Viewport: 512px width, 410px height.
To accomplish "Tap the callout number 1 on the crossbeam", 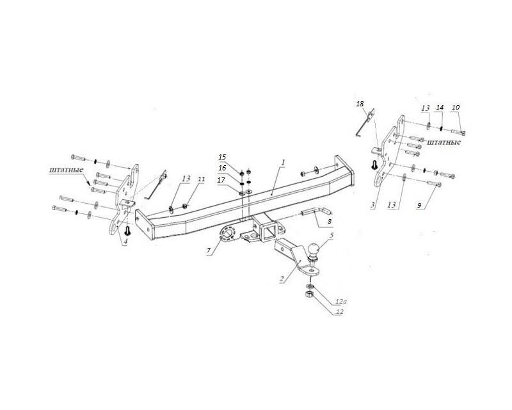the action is (x=284, y=162).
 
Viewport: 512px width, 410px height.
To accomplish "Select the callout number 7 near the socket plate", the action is (x=209, y=250).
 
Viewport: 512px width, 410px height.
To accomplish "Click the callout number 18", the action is (x=360, y=104).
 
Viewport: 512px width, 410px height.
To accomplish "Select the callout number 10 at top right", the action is (x=456, y=107).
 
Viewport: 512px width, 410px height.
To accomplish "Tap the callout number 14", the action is (x=440, y=108).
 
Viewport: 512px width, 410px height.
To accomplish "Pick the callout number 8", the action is (x=330, y=222).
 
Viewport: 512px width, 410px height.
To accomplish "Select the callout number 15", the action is (x=222, y=157).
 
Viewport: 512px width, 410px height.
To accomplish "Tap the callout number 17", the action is (x=221, y=180).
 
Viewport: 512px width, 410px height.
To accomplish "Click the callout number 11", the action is (x=201, y=179).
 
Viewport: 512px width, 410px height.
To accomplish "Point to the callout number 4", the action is (x=125, y=242).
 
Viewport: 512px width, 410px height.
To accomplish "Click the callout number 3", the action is (x=373, y=205).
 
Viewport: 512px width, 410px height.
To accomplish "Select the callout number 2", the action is (x=281, y=279).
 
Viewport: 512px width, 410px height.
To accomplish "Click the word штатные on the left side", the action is (x=67, y=170).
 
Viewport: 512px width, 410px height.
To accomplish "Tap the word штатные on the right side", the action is (x=444, y=142).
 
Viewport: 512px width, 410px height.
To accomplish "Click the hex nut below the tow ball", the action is (x=309, y=295).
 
